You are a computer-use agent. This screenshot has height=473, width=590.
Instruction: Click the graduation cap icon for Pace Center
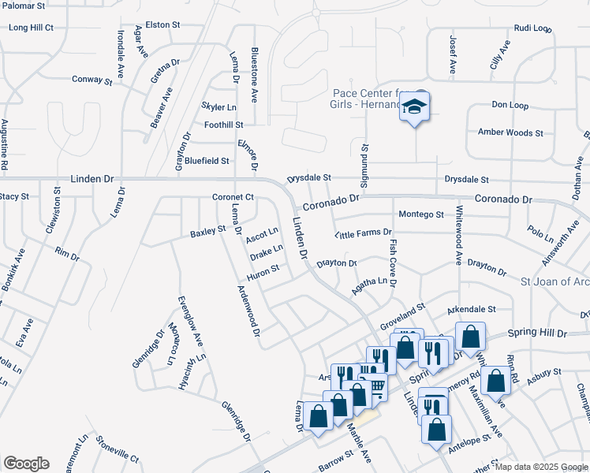(414, 106)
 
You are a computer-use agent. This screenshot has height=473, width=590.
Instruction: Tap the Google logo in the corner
(26, 464)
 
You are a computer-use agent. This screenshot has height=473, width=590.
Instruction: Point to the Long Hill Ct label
(31, 28)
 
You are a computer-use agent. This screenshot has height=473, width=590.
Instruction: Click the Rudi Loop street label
(532, 28)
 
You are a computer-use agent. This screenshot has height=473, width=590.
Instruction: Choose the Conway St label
(92, 80)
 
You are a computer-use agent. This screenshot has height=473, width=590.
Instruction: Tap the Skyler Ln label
(218, 106)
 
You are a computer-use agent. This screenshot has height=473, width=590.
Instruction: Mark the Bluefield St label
(207, 160)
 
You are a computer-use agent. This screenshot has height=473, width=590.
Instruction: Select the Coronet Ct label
(232, 197)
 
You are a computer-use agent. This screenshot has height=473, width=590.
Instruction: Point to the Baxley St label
(207, 233)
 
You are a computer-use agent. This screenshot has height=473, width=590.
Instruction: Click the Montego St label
(420, 214)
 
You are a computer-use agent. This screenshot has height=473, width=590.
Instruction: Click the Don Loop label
(510, 105)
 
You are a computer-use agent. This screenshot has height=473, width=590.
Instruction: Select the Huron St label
(263, 270)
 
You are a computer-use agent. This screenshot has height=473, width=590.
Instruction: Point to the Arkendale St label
(471, 310)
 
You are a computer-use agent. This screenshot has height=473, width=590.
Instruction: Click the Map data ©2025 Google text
(541, 467)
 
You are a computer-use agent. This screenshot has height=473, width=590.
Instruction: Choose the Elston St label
(163, 25)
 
